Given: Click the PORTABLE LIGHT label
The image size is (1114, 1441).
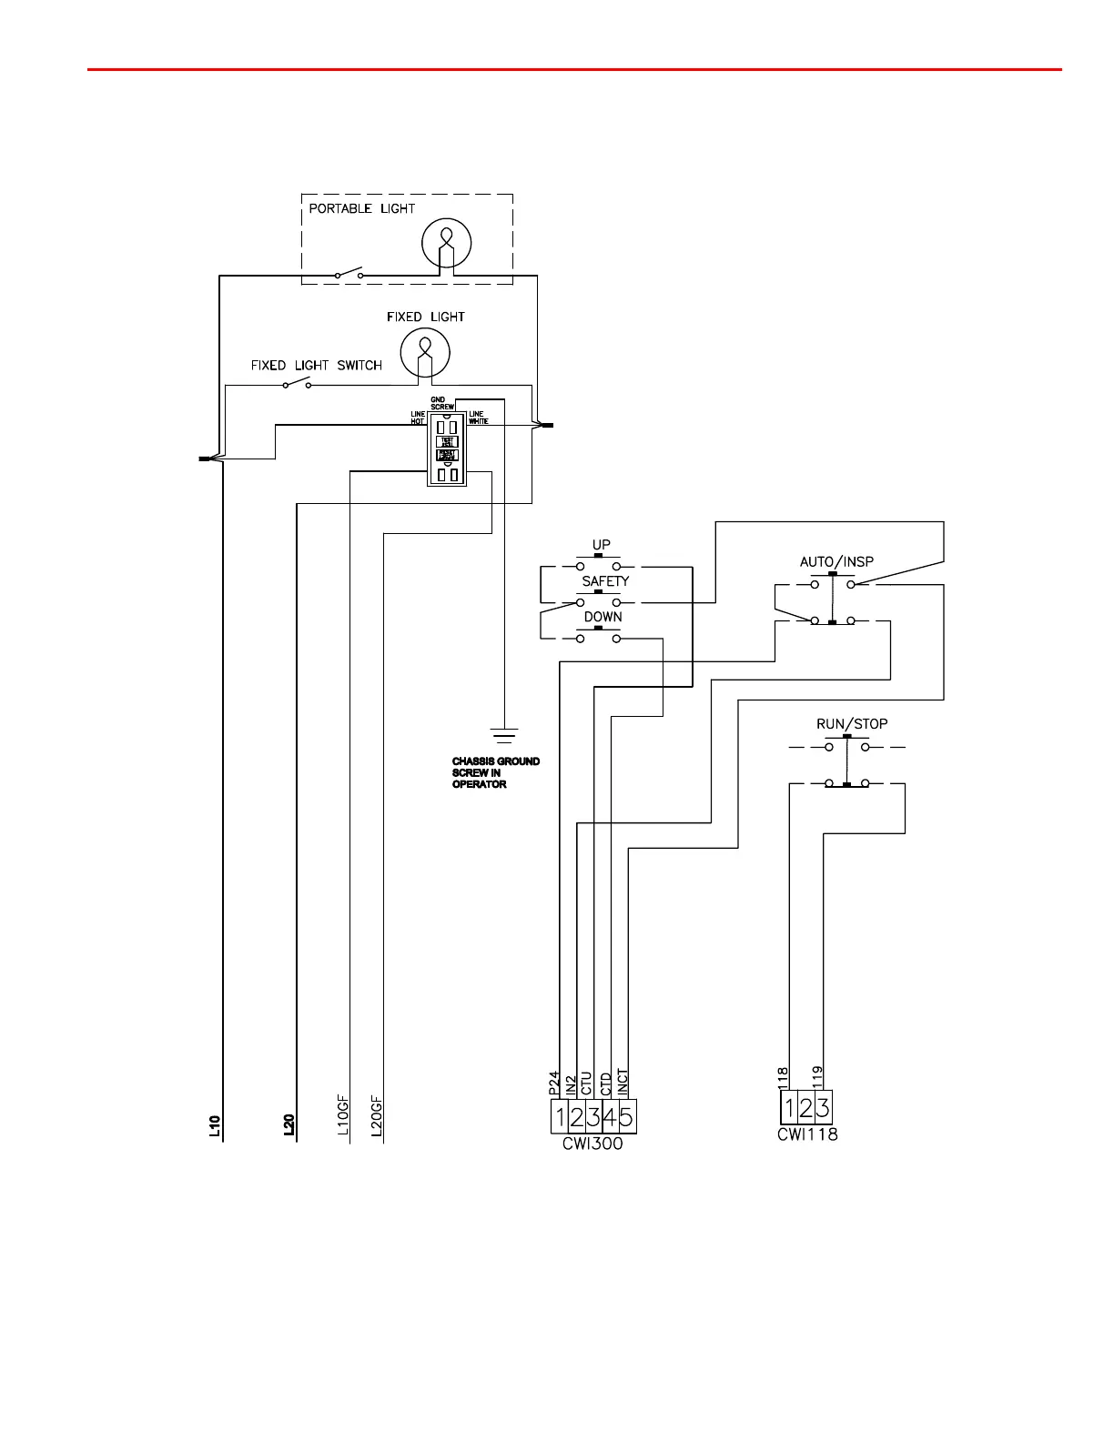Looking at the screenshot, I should [x=361, y=208].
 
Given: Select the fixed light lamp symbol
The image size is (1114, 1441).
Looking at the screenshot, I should [x=425, y=350].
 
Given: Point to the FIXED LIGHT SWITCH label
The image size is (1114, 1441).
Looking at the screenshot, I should [x=316, y=366].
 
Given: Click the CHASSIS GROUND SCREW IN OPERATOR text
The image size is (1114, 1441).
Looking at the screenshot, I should [x=495, y=772].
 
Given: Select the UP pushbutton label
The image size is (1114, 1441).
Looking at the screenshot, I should [x=601, y=545].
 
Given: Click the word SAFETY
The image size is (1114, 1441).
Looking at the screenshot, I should [x=605, y=581].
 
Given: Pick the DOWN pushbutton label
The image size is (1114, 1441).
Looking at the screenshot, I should [x=603, y=617].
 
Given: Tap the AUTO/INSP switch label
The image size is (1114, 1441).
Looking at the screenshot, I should [x=836, y=561].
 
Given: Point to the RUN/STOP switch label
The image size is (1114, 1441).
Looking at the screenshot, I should [x=852, y=724].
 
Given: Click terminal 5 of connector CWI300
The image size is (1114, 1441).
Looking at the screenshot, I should [x=627, y=1116].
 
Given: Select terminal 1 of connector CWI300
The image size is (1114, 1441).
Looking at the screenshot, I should [x=560, y=1116].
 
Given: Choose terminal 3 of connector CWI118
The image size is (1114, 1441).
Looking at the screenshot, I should [x=823, y=1108].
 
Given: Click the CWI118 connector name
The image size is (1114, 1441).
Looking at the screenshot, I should [x=807, y=1134].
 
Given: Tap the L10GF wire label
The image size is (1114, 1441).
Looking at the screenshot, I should [x=343, y=1117].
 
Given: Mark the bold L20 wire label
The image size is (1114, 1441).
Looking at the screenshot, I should [x=289, y=1126].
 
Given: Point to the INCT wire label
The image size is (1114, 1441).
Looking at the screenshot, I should [x=623, y=1081].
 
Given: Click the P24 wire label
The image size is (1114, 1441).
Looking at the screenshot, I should [x=553, y=1083].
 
